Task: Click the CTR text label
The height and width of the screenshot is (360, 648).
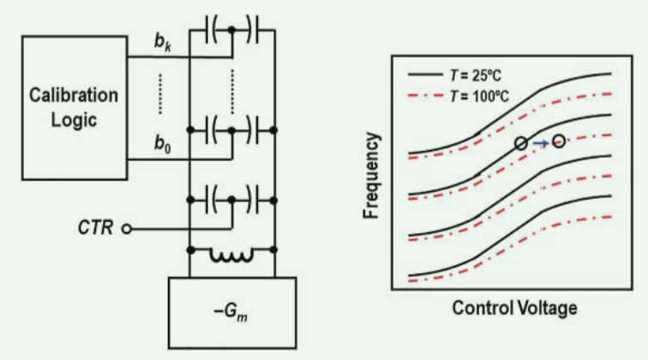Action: [x=96, y=229]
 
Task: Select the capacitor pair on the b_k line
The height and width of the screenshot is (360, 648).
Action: [x=231, y=32]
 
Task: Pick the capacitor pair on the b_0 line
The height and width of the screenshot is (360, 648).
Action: [x=231, y=130]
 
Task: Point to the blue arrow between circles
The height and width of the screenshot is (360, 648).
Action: [x=539, y=143]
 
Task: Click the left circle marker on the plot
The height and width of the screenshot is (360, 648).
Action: [x=520, y=143]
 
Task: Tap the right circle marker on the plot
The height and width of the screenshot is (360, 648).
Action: [x=559, y=141]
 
